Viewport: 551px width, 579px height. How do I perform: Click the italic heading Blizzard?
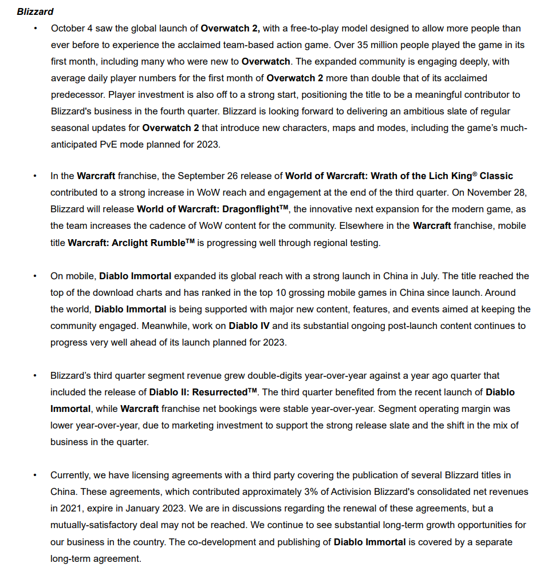[x=35, y=11]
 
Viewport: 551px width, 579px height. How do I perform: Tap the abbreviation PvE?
[x=105, y=145]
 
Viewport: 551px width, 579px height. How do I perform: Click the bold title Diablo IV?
[x=250, y=326]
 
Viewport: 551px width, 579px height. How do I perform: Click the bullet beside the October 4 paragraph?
[x=35, y=28]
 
